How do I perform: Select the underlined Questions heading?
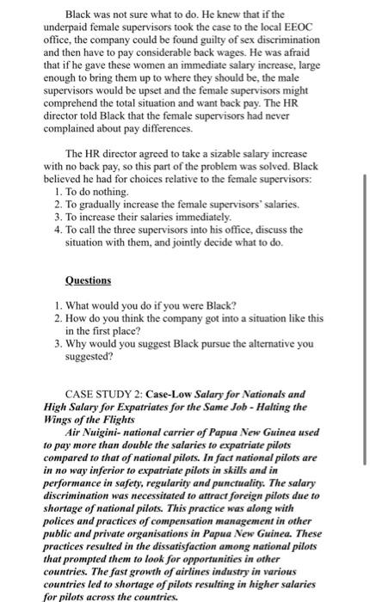pos(89,280)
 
